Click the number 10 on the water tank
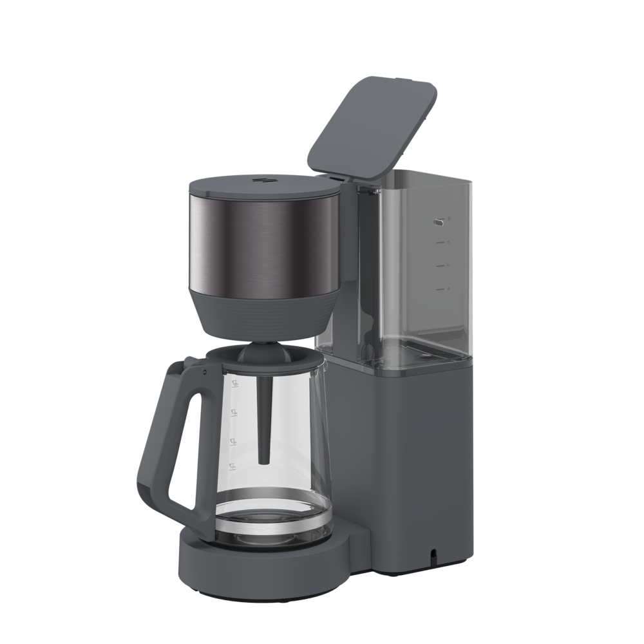[x=449, y=219]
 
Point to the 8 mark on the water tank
[x=448, y=242]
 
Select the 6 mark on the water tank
[x=448, y=265]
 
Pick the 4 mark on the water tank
[x=448, y=289]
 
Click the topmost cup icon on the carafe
[x=235, y=384]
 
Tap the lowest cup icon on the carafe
[x=235, y=465]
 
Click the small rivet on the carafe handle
[x=205, y=373]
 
